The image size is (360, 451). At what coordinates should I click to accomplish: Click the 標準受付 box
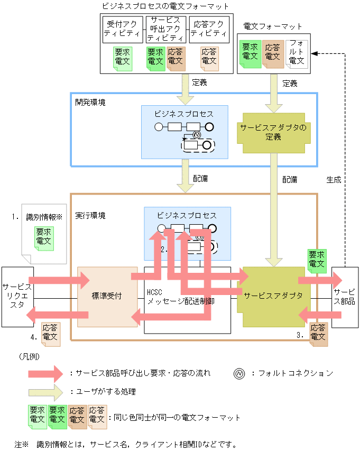107,296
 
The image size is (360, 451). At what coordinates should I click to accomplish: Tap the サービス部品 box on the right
345,296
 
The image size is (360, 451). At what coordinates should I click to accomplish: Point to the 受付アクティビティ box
122,29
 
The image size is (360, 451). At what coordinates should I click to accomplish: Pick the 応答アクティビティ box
210,29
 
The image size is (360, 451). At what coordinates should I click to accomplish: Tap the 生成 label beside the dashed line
334,179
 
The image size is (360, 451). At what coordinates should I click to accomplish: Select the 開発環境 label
90,102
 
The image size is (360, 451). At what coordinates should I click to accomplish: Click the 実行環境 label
90,216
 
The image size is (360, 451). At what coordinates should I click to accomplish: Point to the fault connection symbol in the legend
239,373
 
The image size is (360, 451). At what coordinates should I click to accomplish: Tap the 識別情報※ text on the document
44,217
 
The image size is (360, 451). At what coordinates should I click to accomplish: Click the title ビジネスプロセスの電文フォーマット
165,7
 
